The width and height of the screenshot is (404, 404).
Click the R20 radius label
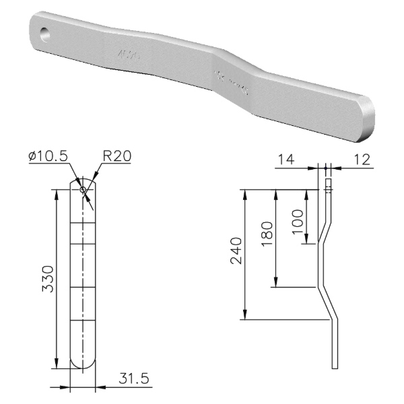tap(116, 157)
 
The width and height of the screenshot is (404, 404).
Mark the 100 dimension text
tap(298, 217)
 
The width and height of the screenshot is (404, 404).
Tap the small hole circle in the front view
tap(83, 190)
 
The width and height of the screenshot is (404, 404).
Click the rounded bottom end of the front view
tap(83, 364)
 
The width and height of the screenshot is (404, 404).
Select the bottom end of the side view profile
tap(335, 367)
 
